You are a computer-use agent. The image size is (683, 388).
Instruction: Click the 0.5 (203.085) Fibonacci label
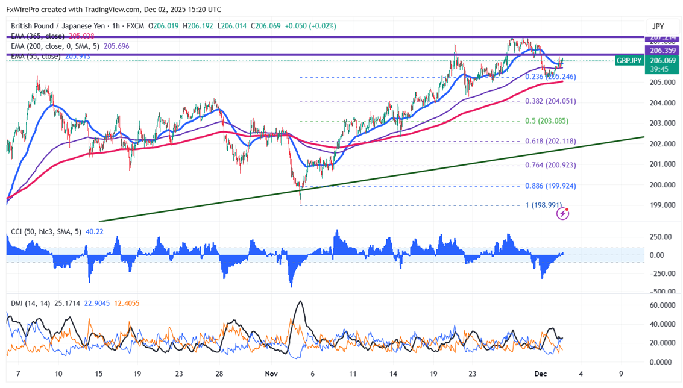click(546, 121)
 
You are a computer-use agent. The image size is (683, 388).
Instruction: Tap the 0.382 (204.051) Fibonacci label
click(550, 101)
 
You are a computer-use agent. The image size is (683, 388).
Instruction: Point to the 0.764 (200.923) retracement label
click(550, 165)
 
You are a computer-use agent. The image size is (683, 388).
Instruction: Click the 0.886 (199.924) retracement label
click(550, 186)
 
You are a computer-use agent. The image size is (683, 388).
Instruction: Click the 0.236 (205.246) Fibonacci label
click(550, 77)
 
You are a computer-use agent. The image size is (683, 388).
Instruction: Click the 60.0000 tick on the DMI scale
click(661, 305)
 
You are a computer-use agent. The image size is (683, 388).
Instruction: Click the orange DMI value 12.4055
click(127, 303)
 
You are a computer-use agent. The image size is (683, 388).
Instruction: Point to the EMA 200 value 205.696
click(116, 46)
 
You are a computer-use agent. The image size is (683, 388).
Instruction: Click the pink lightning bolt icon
click(563, 214)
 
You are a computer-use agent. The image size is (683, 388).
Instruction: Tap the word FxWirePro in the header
click(25, 10)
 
